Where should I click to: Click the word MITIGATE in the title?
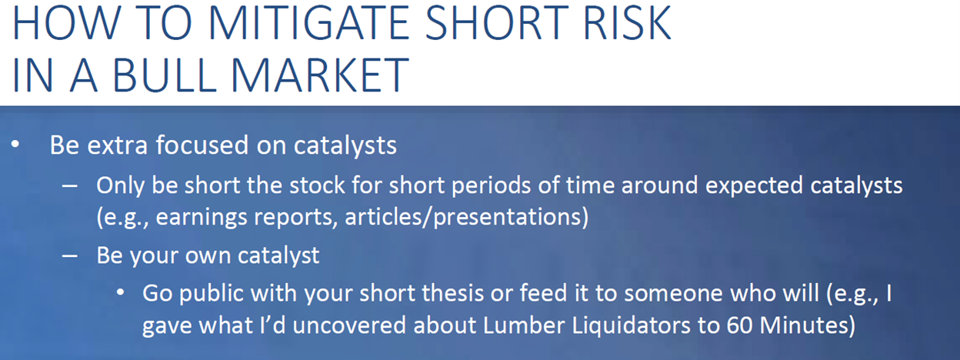308,23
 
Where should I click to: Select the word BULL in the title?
165,75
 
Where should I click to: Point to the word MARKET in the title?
320,75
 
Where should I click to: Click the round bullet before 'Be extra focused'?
15,144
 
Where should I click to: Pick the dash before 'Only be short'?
70,186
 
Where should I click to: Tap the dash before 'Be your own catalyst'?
70,256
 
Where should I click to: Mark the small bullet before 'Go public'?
121,293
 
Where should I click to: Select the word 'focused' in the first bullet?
202,145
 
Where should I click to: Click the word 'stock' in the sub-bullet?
317,185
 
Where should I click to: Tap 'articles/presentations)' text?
467,217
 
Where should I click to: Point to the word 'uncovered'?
349,325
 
